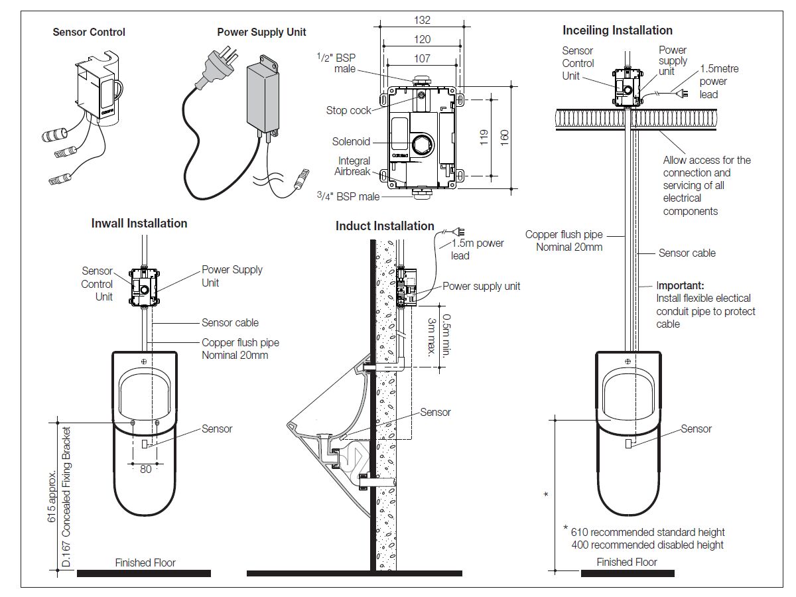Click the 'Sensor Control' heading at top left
point(89,32)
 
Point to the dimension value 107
point(422,58)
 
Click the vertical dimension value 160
point(505,137)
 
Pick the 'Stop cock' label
point(348,110)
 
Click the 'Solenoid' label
point(351,141)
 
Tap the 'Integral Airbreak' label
point(354,166)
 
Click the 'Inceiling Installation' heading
point(617,31)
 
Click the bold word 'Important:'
point(680,286)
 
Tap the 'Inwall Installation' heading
point(139,224)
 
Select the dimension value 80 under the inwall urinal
point(145,469)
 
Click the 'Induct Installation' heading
point(385,226)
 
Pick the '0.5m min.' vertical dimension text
point(446,334)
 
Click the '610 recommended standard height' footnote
point(647,532)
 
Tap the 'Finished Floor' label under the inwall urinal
point(145,563)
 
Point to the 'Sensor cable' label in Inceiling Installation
point(687,253)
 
